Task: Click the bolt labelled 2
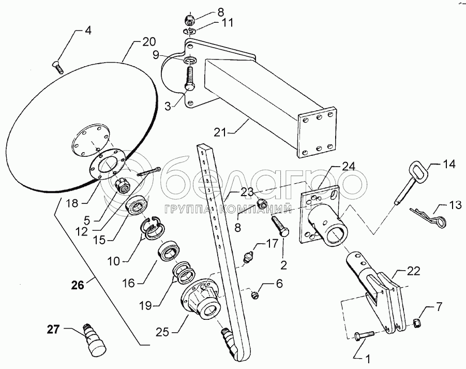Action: coord(280,226)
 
